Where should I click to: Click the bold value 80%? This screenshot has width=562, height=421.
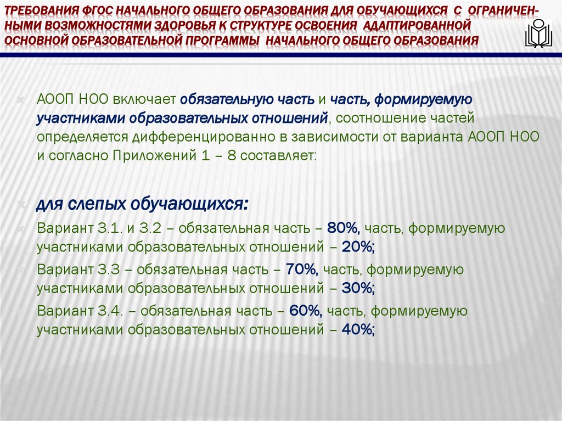tap(342, 227)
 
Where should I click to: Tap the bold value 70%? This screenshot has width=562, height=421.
tap(301, 269)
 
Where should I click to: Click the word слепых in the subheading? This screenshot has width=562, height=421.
tap(97, 205)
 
